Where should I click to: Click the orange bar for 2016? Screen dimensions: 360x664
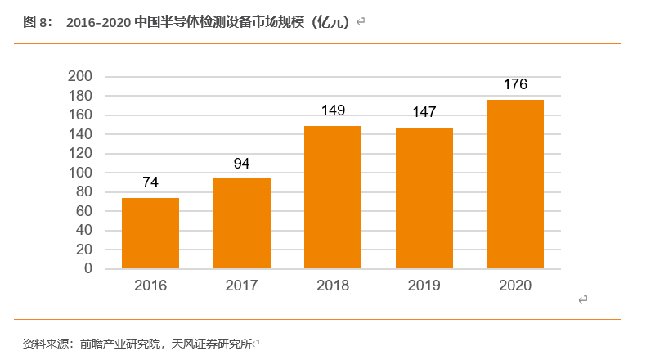click(x=150, y=233)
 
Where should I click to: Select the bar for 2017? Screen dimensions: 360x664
click(x=241, y=223)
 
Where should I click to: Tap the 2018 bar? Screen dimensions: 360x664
click(x=333, y=197)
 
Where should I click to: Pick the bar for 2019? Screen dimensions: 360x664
click(x=424, y=198)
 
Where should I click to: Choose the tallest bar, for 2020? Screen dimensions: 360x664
click(x=515, y=184)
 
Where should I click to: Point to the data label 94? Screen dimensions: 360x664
click(x=241, y=164)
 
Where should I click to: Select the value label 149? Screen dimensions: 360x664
click(x=333, y=110)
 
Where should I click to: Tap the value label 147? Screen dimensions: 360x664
click(x=424, y=112)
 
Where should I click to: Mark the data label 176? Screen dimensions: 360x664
click(x=515, y=84)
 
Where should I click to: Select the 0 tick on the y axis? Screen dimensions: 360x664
click(x=88, y=269)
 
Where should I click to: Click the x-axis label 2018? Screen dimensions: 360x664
click(x=333, y=286)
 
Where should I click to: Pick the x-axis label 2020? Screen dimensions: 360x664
click(x=515, y=286)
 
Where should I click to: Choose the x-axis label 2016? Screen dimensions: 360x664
click(x=150, y=286)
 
